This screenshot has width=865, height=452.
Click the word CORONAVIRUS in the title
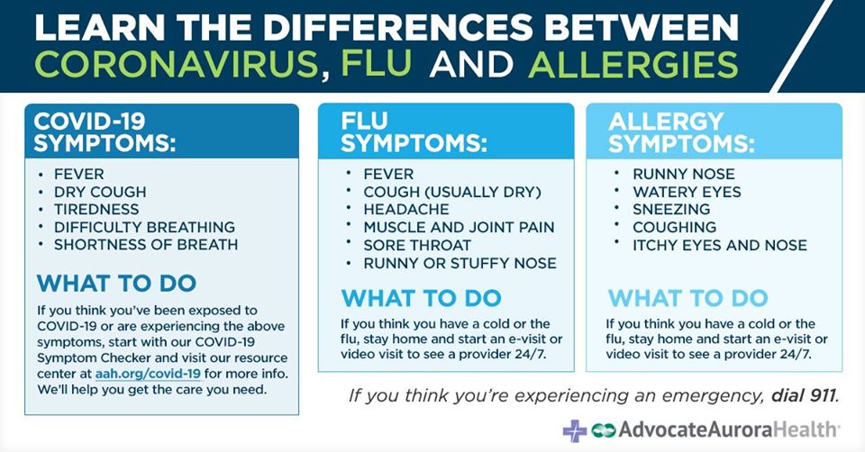click(179, 65)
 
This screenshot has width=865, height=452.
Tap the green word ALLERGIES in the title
click(633, 65)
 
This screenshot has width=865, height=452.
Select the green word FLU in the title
click(377, 65)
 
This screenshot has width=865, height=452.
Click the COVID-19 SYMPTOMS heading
click(105, 132)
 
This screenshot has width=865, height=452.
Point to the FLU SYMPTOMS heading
click(414, 132)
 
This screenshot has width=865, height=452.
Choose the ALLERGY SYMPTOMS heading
click(681, 132)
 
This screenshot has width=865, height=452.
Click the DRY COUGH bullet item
click(100, 192)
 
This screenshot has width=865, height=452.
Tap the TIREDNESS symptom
click(96, 210)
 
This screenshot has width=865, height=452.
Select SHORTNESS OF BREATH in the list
click(146, 245)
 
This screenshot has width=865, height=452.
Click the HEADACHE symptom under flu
click(406, 210)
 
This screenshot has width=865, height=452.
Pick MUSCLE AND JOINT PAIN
click(459, 227)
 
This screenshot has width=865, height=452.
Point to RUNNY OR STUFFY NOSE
click(460, 263)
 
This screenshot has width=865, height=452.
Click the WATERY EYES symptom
click(687, 192)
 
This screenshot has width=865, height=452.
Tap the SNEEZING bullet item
click(671, 210)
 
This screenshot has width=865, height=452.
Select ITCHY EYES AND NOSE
click(720, 245)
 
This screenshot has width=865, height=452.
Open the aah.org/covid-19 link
click(148, 374)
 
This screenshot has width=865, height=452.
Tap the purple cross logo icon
click(575, 430)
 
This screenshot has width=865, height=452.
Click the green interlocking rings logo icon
click(603, 430)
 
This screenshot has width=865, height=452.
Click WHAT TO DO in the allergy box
click(687, 298)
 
